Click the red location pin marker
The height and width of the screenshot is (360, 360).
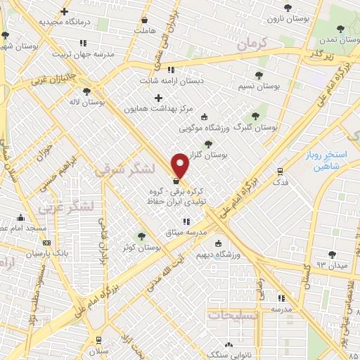pyautogui.click(x=181, y=165)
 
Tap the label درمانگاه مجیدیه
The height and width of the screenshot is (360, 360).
pyautogui.click(x=65, y=22)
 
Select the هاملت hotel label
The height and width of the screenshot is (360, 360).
pyautogui.click(x=143, y=32)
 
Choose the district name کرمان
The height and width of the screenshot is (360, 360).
pyautogui.click(x=253, y=45)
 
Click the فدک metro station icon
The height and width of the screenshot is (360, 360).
pyautogui.click(x=281, y=171)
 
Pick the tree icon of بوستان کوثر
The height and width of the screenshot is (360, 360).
pyautogui.click(x=141, y=236)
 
